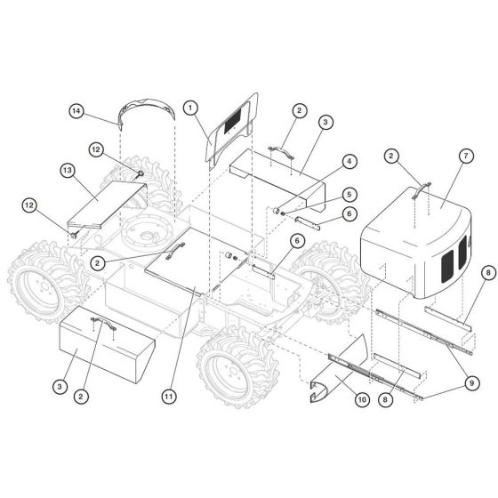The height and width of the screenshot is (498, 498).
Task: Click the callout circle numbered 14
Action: pos(76,111)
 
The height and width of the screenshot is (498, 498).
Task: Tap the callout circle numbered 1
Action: pos(190,108)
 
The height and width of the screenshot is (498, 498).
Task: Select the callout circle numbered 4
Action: pos(349,162)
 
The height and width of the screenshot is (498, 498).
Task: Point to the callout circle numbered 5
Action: pos(349,195)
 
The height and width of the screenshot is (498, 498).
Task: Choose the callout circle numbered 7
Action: pos(466,156)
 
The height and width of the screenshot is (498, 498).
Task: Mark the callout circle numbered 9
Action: pos(471,383)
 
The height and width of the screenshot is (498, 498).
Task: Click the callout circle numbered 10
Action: pos(362,399)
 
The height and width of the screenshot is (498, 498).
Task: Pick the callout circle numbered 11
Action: pos(169,397)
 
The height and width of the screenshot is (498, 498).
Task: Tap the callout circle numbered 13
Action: pos(68,171)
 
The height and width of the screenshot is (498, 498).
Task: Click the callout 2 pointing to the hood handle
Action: pos(391,156)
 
